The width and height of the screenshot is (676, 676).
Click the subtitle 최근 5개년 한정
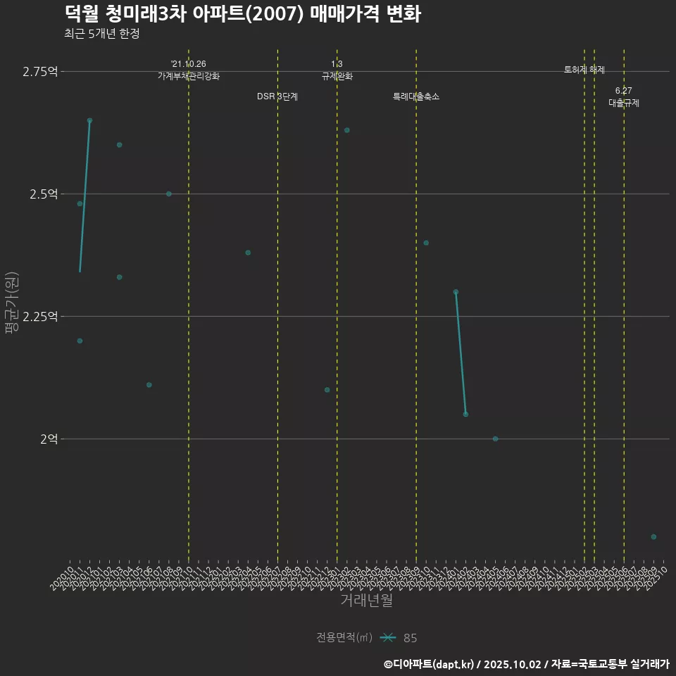(x=106, y=34)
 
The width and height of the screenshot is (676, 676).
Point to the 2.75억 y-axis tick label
(x=40, y=72)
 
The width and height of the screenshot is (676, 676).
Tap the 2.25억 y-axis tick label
(x=40, y=317)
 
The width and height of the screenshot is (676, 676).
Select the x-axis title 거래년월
(x=366, y=600)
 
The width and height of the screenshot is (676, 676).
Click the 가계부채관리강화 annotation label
(x=188, y=76)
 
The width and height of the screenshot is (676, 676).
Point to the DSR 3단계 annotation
(x=277, y=96)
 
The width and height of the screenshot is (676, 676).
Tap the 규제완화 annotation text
(x=337, y=76)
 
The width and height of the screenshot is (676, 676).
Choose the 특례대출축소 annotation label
(x=415, y=96)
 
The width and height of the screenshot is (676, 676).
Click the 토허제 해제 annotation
(x=584, y=70)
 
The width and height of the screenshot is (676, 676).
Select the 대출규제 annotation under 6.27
(x=624, y=103)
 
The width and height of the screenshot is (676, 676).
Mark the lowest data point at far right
(x=653, y=537)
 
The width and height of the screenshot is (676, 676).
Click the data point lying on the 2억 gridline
(x=495, y=439)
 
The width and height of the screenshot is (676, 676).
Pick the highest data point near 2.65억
(x=89, y=120)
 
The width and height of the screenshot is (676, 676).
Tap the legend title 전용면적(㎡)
(x=344, y=638)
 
